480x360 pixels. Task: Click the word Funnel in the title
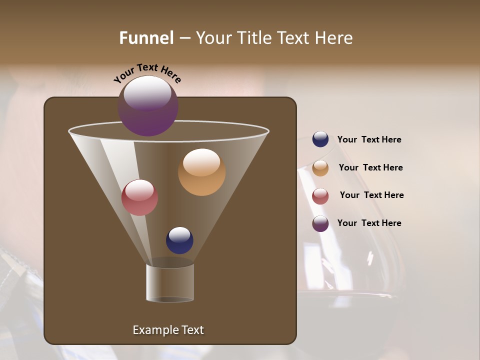146,38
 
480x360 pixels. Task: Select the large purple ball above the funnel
148,106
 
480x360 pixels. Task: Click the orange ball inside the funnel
201,172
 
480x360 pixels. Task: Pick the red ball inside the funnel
139,197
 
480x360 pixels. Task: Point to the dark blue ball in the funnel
179,240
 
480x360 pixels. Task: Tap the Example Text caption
168,330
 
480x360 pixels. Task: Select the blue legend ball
320,139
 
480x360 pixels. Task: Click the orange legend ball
320,168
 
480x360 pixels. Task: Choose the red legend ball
320,196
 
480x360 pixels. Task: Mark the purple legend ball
320,223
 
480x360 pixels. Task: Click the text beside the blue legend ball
369,140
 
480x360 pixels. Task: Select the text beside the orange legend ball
370,167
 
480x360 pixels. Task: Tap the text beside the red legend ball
371,195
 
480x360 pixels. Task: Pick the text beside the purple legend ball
369,223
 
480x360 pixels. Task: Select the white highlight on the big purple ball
147,93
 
